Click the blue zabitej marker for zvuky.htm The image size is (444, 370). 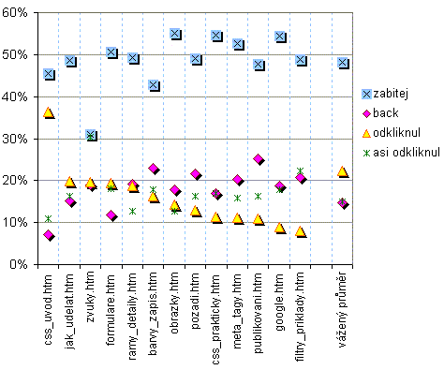click(x=91, y=136)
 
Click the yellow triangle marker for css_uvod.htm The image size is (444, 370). click(x=49, y=112)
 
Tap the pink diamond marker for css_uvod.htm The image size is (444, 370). click(x=49, y=235)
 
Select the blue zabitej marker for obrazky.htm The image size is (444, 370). click(x=175, y=34)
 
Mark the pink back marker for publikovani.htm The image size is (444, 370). click(x=259, y=159)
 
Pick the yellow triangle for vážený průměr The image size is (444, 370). click(x=343, y=171)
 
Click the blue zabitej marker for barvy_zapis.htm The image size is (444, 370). click(x=155, y=85)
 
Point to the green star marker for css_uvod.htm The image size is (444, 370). click(x=49, y=218)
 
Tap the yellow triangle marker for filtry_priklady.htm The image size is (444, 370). click(x=301, y=231)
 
